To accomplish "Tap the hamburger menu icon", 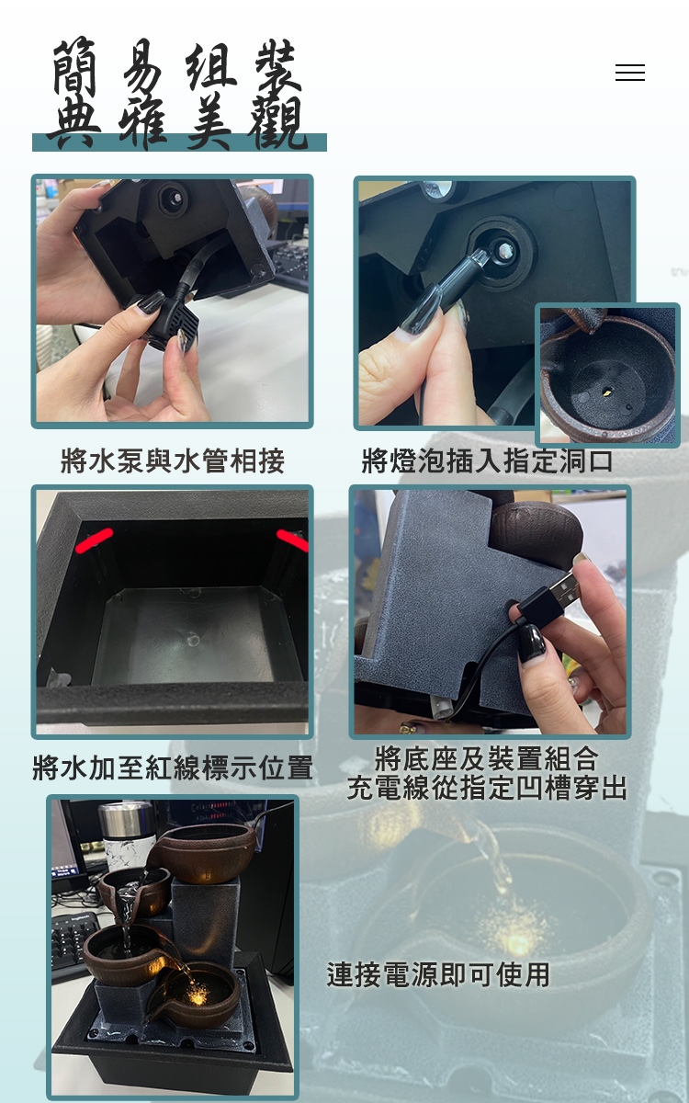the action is tap(630, 73).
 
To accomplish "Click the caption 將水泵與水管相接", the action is tap(173, 461).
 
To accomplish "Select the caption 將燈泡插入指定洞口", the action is tap(487, 461).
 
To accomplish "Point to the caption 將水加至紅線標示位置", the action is tap(173, 768).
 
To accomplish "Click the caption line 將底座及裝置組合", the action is tap(487, 758).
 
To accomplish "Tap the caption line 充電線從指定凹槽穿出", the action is tap(487, 788).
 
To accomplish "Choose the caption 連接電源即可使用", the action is tap(438, 974).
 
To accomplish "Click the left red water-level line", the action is tap(94, 540).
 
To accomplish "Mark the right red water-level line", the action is tap(293, 540).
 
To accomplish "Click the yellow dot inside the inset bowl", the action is tap(607, 393).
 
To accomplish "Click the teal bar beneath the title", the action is tap(179, 142).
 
